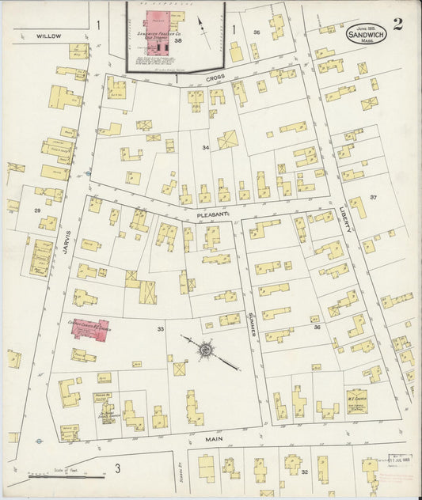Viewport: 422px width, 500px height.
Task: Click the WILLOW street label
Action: tap(48, 36)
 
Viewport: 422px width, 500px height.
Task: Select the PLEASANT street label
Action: tap(213, 214)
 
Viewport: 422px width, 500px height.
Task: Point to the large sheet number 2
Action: tap(397, 23)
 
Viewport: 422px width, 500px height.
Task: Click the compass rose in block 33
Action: tap(205, 347)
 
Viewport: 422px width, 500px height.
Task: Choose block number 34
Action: tap(206, 148)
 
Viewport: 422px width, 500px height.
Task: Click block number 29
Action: tap(37, 210)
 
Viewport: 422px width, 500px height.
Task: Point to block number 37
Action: tap(372, 197)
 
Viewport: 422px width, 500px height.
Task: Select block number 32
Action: tap(304, 472)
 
